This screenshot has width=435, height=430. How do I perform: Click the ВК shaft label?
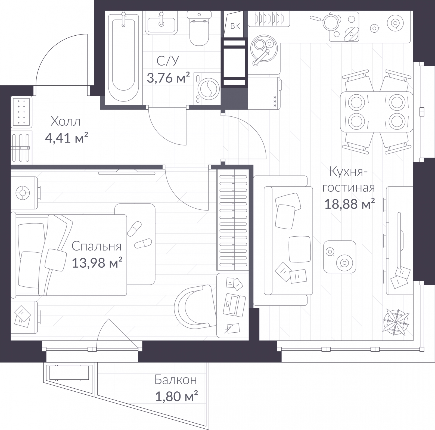point(235,26)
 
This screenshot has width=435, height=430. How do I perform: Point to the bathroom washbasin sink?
point(161,23)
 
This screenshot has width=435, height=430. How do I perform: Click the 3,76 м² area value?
point(168,78)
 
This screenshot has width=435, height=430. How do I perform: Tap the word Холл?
point(66,121)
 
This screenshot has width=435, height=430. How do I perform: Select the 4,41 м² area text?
point(66,138)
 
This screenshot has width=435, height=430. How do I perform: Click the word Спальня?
point(97,246)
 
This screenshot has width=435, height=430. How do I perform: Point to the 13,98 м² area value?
point(97,263)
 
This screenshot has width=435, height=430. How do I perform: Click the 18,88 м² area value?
point(350,204)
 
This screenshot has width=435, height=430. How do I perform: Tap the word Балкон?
point(175,380)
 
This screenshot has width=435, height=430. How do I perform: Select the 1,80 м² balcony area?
point(176,396)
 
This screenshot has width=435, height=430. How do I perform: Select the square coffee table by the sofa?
point(340,257)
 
